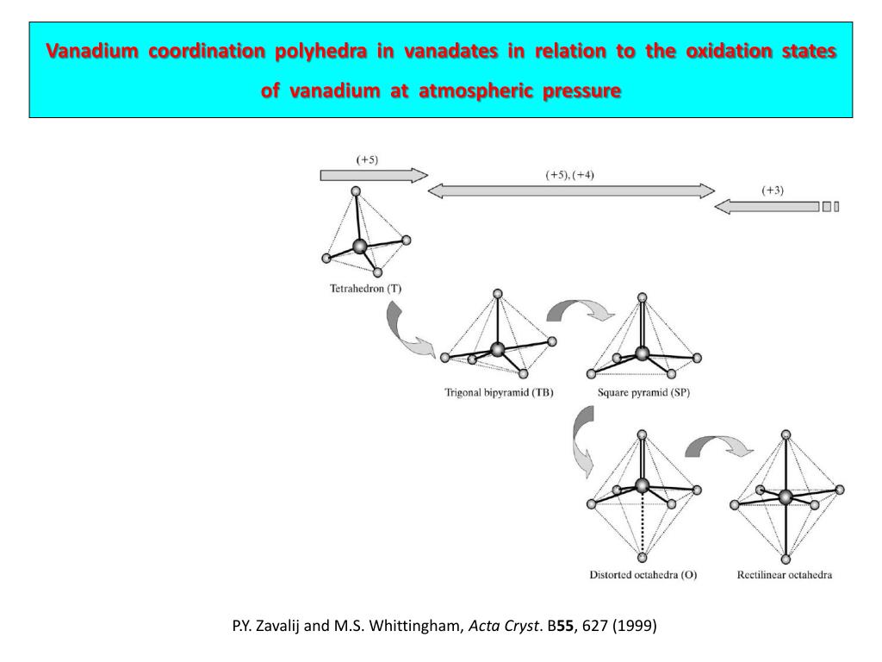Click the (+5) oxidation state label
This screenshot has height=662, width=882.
tap(368, 159)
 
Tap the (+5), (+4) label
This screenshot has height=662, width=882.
tap(570, 175)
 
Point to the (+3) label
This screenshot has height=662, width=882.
tap(773, 190)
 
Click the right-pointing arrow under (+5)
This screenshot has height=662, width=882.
tap(373, 176)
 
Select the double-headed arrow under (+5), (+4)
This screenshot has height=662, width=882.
tap(571, 190)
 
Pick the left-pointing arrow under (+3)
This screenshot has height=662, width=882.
tap(767, 207)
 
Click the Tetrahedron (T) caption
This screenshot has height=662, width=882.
tap(365, 289)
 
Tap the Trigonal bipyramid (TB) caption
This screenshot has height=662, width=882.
tap(499, 393)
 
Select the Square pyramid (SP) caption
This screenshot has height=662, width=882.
tap(643, 393)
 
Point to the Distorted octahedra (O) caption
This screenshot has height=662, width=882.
tap(643, 575)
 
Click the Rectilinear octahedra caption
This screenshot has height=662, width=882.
tap(785, 575)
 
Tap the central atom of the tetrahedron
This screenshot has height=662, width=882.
tap(360, 247)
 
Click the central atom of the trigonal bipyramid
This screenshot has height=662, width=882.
tap(497, 349)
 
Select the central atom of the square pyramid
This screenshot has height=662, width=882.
tap(642, 353)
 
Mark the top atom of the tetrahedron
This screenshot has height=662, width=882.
tap(356, 191)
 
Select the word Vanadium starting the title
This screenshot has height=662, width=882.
tap(92, 51)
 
